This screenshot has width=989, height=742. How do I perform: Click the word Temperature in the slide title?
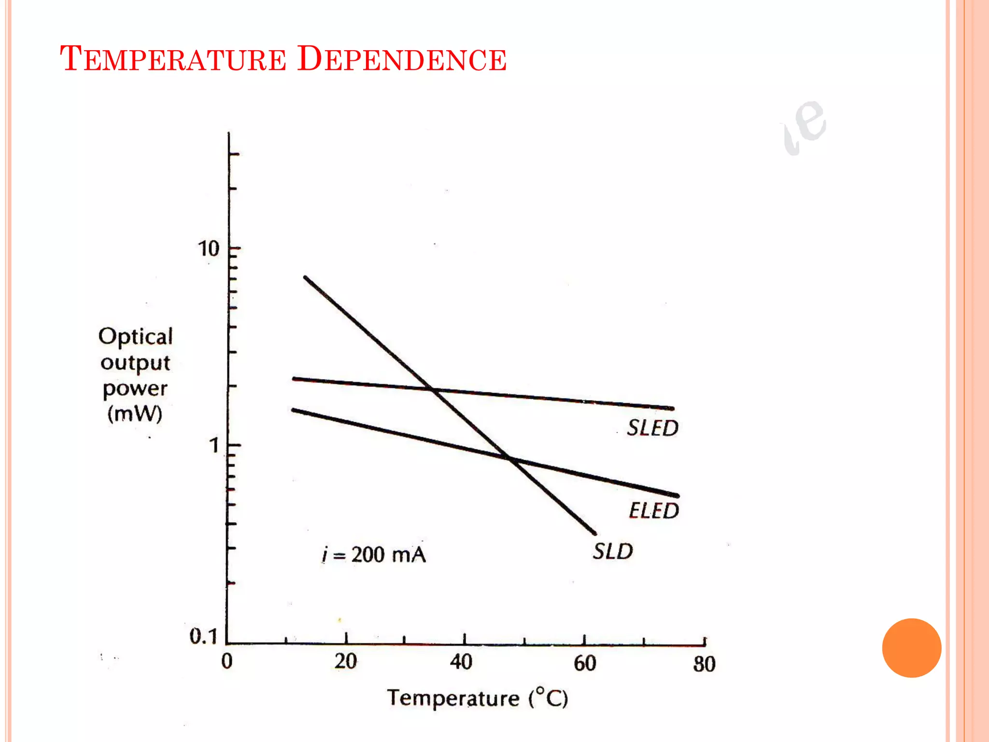point(173,59)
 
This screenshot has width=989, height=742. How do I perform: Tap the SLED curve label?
point(652,428)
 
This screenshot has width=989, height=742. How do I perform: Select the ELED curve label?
point(654,511)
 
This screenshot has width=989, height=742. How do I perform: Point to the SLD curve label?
point(613,551)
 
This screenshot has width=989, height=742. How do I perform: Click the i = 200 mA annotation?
point(374,555)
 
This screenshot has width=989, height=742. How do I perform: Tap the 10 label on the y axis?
point(209,249)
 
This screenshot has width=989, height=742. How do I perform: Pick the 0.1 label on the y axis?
point(203,636)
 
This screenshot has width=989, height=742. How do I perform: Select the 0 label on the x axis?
point(227,661)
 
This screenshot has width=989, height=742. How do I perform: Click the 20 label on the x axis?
point(346,661)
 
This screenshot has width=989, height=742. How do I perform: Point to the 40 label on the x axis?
point(461,662)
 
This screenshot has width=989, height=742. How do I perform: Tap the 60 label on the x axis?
point(585,663)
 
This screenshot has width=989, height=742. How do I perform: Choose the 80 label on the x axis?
point(704,664)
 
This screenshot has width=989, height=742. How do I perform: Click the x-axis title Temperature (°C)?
point(477,699)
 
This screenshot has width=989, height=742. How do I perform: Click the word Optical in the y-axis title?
point(136,336)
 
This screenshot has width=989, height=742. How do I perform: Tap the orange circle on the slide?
point(911,648)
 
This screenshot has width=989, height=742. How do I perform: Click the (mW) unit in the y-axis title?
point(135,414)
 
